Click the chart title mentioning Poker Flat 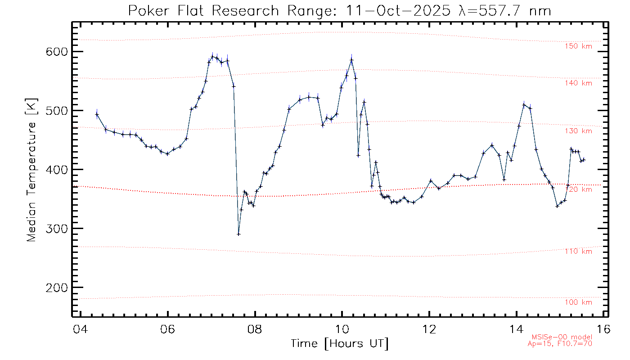[340, 10]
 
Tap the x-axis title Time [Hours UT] [340, 344]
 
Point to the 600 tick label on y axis [58, 52]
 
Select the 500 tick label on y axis [58, 111]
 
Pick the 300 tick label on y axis [58, 229]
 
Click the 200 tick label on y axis [58, 288]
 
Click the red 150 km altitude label [579, 46]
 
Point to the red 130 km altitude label [579, 131]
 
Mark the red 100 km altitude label [579, 302]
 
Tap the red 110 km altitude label [579, 251]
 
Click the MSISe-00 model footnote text [562, 337]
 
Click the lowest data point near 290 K [238, 234]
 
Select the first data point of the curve [97, 114]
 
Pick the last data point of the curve [584, 160]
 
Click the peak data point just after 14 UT [524, 105]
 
